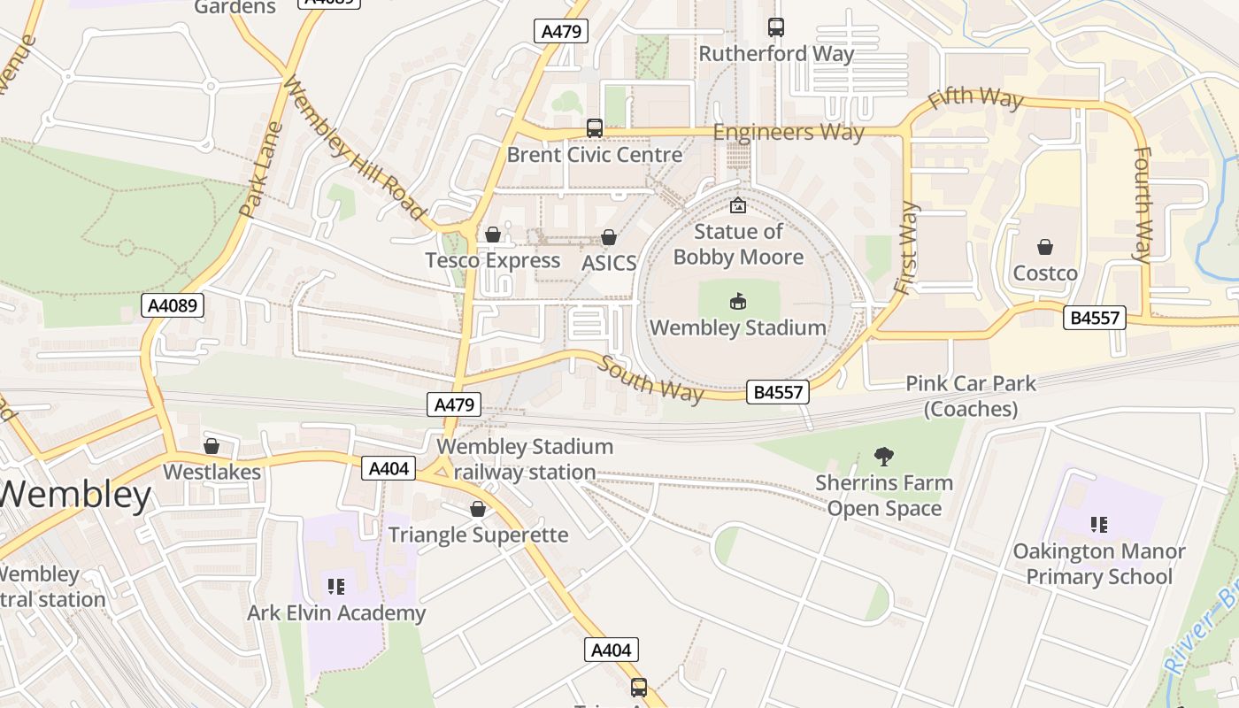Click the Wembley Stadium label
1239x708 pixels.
click(737, 327)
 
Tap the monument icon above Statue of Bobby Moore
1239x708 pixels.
click(737, 206)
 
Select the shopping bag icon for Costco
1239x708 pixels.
click(1045, 247)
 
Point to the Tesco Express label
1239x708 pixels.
click(492, 260)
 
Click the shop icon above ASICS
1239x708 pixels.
click(609, 237)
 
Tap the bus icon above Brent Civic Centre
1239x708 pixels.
click(594, 128)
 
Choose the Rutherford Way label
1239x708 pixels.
click(776, 54)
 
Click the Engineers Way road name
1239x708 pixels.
click(788, 133)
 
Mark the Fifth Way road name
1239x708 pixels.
click(975, 97)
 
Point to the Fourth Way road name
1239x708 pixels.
click(1143, 205)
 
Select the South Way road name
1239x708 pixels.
click(650, 379)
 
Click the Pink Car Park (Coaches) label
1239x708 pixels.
click(970, 396)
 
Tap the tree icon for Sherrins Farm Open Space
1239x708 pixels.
click(883, 457)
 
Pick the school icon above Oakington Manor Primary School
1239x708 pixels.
click(1098, 525)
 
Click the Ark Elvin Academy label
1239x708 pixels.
click(336, 612)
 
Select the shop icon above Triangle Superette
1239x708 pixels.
click(478, 509)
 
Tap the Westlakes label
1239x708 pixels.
click(212, 472)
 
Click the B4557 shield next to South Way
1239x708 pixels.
click(778, 392)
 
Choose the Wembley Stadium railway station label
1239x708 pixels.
click(524, 459)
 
